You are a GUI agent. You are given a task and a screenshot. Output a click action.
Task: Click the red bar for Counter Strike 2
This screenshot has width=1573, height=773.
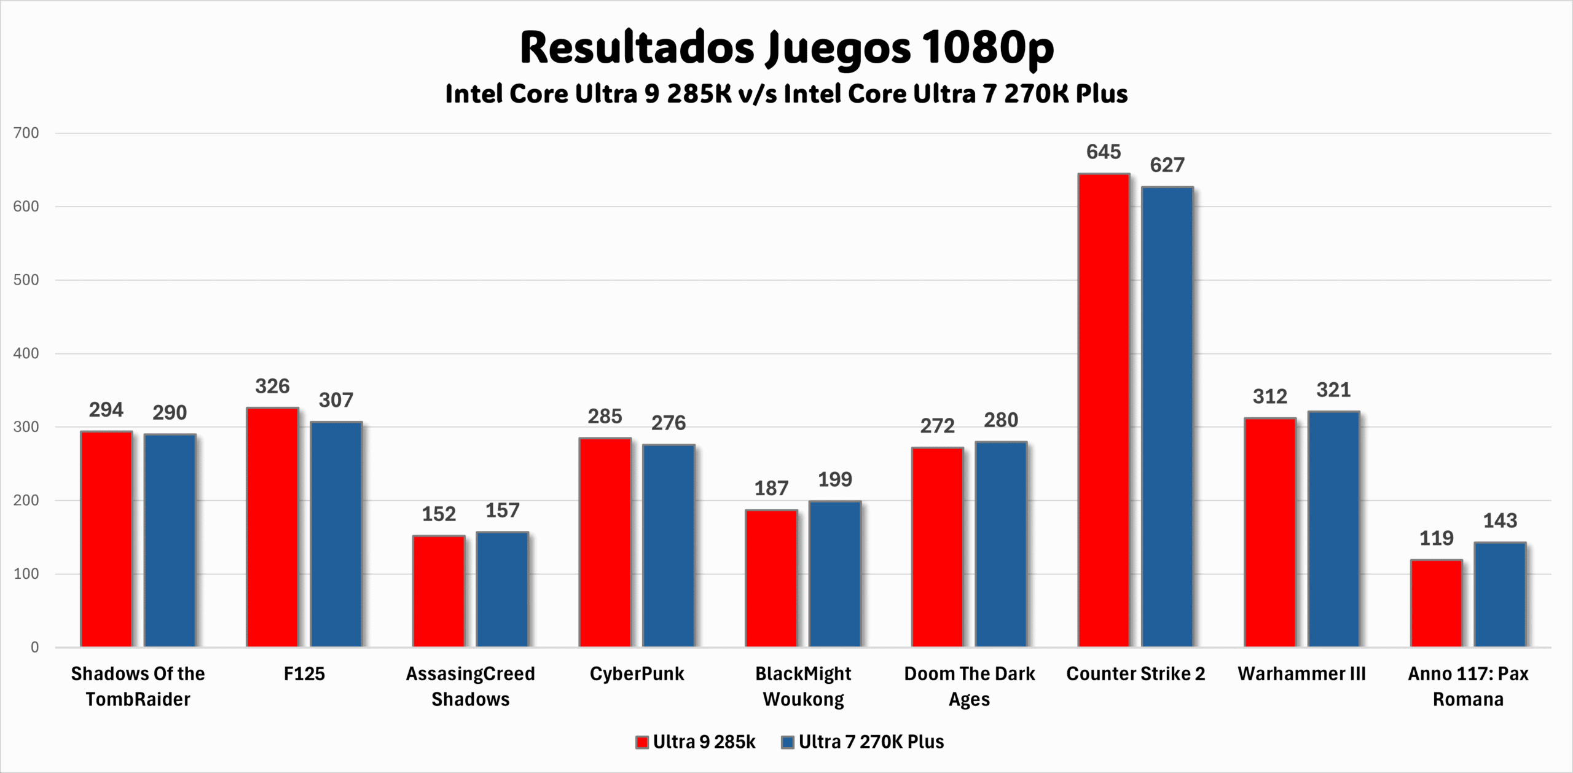(1104, 410)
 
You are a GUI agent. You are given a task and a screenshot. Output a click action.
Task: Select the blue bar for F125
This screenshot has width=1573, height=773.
(335, 535)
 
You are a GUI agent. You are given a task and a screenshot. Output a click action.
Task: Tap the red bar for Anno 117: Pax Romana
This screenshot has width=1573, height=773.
(1436, 603)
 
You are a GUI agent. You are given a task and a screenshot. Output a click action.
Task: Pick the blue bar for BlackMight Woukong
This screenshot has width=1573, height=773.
(834, 574)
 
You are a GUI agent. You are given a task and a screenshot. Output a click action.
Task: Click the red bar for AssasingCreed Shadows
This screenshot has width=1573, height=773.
(439, 591)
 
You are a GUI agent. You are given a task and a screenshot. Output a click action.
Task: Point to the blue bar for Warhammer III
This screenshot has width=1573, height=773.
(1333, 529)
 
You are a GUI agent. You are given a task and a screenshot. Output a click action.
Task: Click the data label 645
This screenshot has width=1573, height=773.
(1104, 152)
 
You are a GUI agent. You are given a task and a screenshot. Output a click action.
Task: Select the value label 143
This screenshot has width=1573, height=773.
(1500, 521)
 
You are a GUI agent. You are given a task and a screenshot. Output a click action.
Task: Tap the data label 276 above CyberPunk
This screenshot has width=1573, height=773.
(669, 423)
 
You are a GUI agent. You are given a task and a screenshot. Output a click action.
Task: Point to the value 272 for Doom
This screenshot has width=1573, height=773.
(937, 426)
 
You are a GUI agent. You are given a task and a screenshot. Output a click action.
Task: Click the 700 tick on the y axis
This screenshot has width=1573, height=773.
(26, 133)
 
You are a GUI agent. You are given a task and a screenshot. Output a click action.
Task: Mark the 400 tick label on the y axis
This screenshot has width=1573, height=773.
(26, 353)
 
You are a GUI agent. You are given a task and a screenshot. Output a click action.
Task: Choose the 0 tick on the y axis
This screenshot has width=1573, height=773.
(34, 647)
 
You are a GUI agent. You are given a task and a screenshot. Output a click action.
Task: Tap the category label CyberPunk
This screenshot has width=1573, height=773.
(637, 674)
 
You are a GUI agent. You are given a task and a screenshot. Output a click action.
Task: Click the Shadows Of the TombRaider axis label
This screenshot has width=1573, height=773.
(138, 686)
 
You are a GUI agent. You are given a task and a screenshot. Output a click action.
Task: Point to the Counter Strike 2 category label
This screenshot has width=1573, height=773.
(1136, 674)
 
